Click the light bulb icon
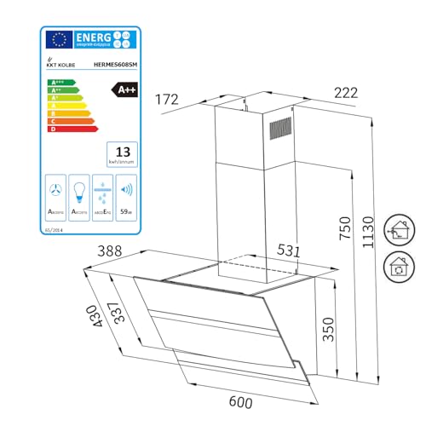(x=79, y=190)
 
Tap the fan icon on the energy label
(x=55, y=190)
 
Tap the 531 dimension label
(x=288, y=251)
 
